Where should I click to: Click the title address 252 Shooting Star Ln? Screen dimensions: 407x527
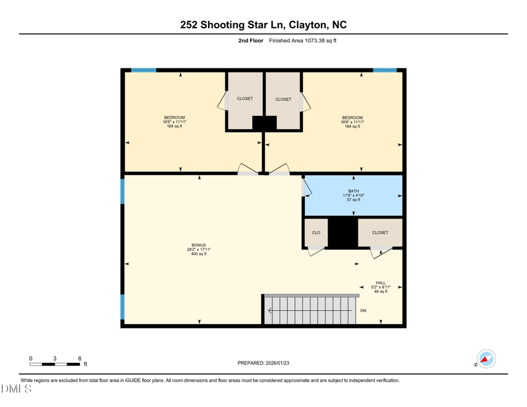point(263,25)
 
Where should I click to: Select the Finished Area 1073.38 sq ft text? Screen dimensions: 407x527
point(302,41)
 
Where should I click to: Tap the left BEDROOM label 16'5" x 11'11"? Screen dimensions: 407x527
point(175,122)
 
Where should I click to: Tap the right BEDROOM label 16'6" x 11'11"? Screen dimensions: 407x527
point(352,122)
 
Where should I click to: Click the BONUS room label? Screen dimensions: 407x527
point(198,250)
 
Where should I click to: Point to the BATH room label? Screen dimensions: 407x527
point(354,195)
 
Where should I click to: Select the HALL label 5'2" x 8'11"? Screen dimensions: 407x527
point(381,286)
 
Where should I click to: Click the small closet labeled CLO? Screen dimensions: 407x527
point(316,232)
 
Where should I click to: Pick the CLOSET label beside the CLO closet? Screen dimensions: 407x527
point(380,232)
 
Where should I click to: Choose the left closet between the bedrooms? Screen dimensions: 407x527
point(244,99)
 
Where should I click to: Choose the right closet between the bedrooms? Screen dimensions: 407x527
point(283,99)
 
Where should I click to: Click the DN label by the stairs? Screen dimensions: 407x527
point(363,311)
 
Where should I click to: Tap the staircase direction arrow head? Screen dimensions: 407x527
point(270,311)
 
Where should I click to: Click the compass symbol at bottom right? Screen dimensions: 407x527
point(485,360)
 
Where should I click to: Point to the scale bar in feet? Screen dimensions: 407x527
point(55,364)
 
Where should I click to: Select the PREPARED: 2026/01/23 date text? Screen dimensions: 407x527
point(263,363)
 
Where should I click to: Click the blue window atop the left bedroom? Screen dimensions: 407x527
point(144,70)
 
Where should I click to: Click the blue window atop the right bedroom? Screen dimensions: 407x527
point(385,70)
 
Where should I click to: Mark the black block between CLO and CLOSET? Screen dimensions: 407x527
point(343,233)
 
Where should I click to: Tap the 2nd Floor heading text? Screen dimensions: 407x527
point(250,41)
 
